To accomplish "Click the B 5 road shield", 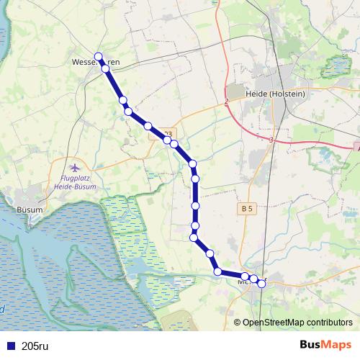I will click(247, 209).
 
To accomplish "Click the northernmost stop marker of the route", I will click(99, 57).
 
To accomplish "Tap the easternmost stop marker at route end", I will click(261, 284).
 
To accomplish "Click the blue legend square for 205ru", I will click(9, 346).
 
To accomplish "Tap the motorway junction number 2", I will click(226, 102).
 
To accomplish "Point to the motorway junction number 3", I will click(271, 139).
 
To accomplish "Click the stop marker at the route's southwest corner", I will click(217, 271).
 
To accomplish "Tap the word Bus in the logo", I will click(311, 345).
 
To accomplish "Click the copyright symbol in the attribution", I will click(237, 323).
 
